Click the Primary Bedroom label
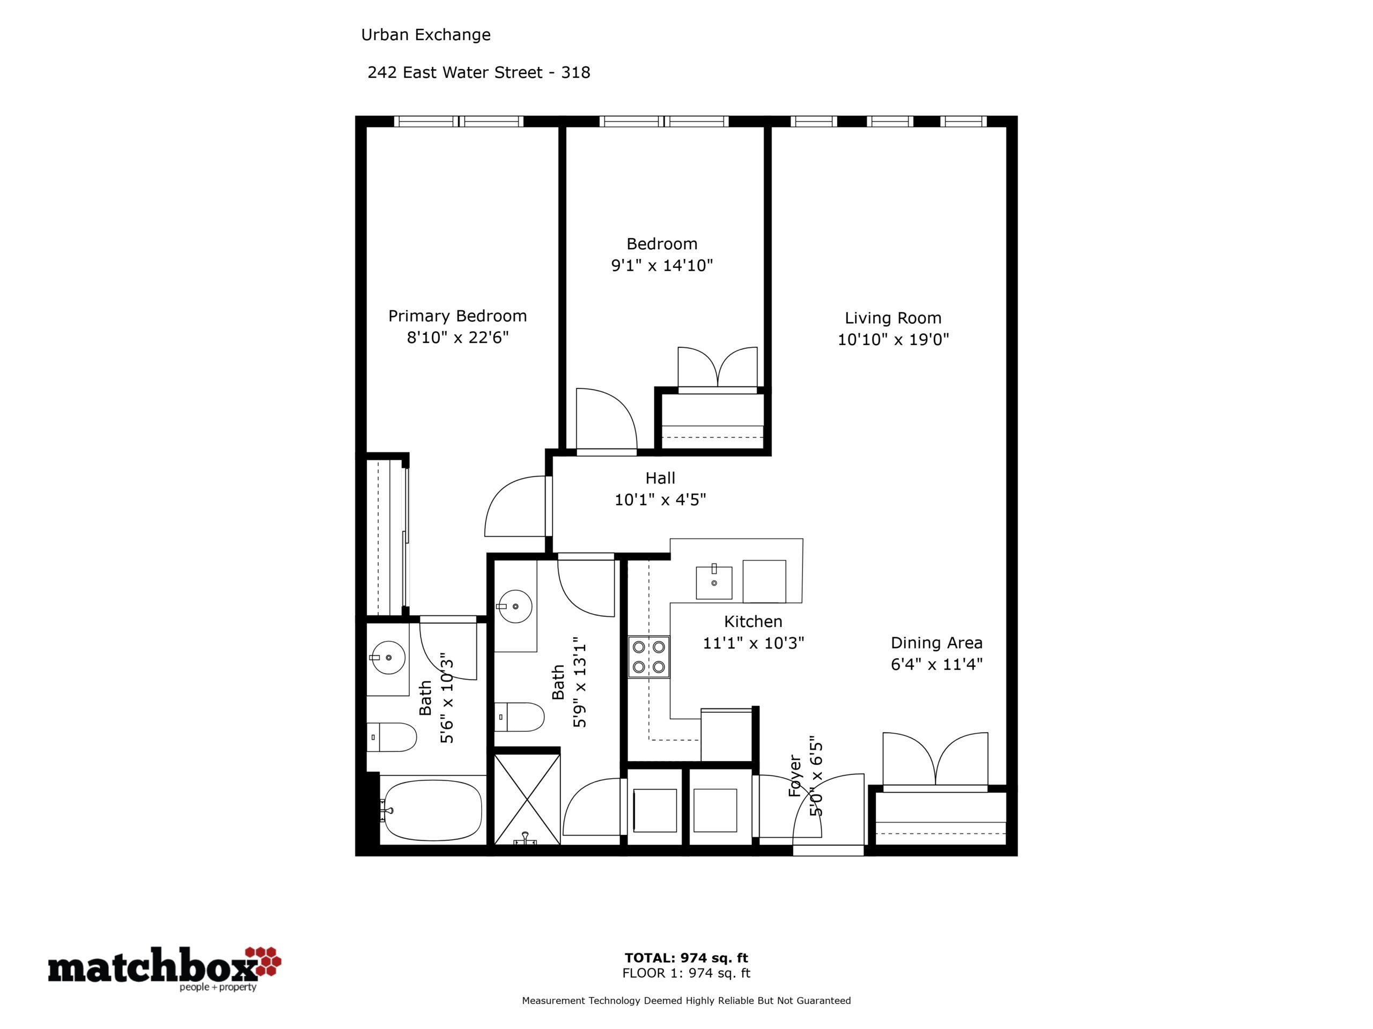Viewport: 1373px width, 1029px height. (457, 316)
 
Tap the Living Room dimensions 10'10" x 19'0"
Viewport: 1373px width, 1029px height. (893, 339)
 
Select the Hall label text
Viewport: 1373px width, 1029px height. (660, 478)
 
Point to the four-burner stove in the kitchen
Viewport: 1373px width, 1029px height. (648, 657)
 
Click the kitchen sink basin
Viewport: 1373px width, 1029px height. (714, 582)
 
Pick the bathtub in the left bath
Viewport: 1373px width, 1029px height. (433, 809)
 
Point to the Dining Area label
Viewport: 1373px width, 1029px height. (936, 643)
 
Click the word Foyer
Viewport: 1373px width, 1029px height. (795, 776)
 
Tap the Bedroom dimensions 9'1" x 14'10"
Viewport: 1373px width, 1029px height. (662, 265)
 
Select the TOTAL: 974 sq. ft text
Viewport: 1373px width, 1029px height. (686, 958)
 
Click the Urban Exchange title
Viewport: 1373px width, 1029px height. (426, 35)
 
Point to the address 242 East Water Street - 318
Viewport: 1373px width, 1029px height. (478, 72)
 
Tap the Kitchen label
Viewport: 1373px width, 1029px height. (753, 622)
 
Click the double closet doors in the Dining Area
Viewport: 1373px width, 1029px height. (935, 762)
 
